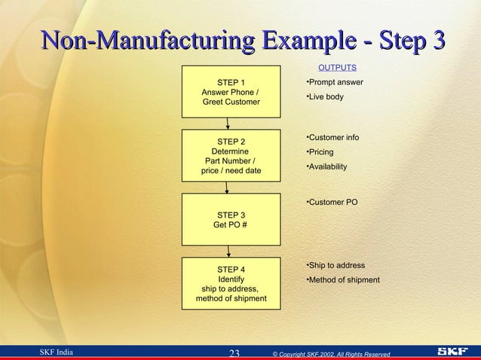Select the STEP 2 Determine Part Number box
click(x=231, y=156)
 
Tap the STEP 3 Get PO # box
click(x=231, y=218)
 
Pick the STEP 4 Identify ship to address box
click(x=231, y=283)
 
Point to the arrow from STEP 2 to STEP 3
click(x=228, y=187)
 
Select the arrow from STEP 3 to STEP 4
click(x=228, y=251)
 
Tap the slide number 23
click(x=234, y=352)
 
